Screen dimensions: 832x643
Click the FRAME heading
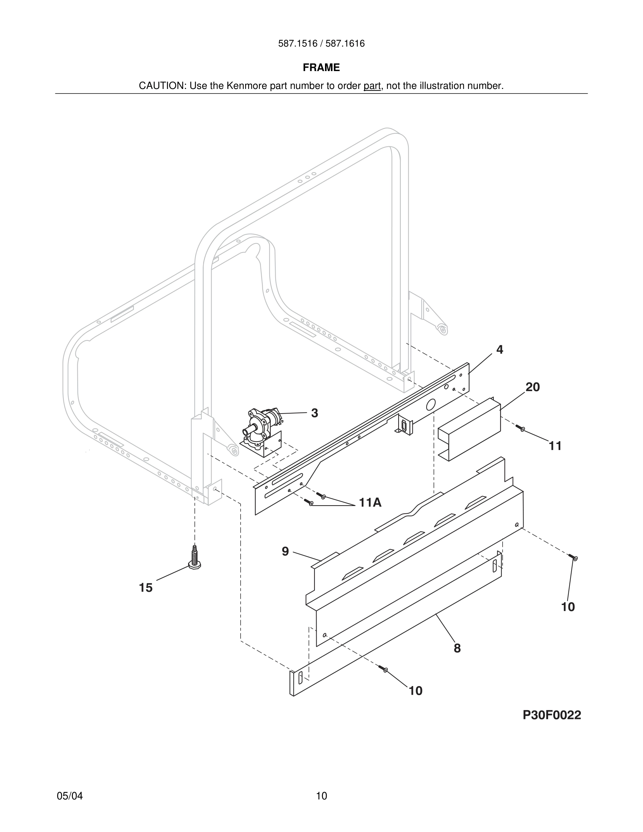pos(321,68)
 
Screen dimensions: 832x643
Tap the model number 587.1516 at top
pos(297,44)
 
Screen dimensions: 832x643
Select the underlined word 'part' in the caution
pos(372,86)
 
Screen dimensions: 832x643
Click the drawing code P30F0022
pos(552,715)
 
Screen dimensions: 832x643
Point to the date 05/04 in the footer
pos(70,796)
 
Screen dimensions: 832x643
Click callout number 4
pos(499,350)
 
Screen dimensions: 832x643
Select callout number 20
pos(533,387)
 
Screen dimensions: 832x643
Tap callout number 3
pos(314,413)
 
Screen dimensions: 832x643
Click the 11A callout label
pos(370,503)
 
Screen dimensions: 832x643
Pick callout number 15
pos(145,588)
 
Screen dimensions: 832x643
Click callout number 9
pos(285,551)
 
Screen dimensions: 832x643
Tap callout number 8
pos(457,648)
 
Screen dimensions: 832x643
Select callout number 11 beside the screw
pos(555,446)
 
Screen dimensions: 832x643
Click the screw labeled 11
pos(520,428)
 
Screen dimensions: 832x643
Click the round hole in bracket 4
pos(430,404)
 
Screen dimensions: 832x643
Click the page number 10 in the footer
pos(321,796)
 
